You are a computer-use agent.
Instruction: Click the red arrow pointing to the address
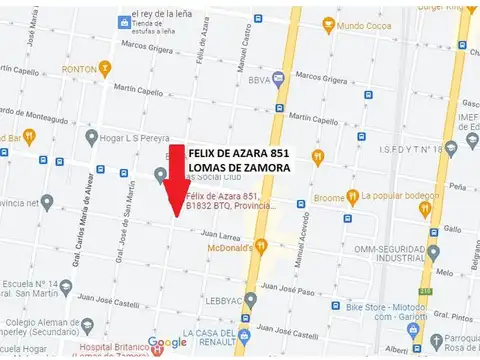176,180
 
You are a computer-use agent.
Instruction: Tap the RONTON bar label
79,69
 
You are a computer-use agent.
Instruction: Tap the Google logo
167,343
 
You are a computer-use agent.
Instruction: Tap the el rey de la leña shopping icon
123,21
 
